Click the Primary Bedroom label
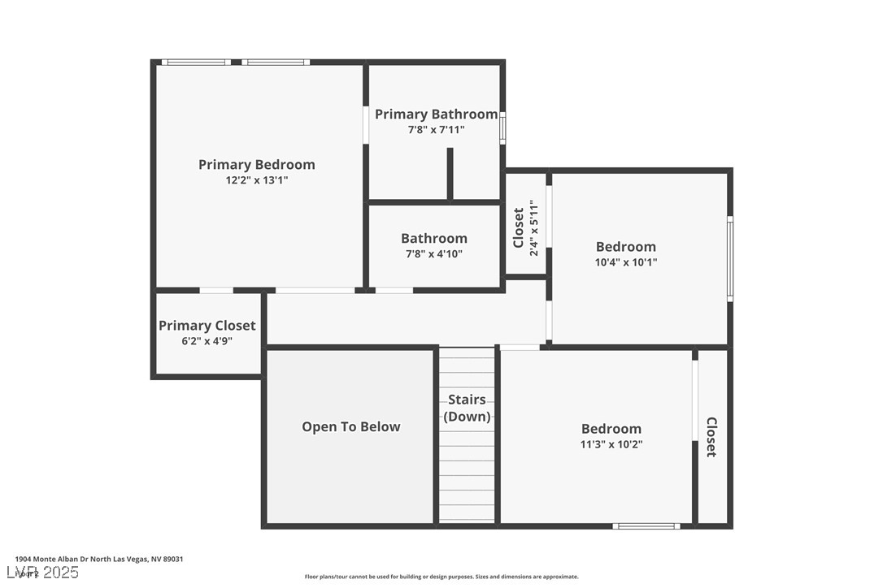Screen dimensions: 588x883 pos(256,165)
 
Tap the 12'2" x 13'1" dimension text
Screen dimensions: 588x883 pos(256,181)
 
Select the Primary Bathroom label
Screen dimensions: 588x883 pos(436,115)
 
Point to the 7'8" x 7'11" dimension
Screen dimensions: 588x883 pos(436,130)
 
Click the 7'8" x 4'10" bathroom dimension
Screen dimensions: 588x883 pos(434,254)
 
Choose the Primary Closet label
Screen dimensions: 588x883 pos(207,326)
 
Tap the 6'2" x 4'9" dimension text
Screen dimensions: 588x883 pos(207,341)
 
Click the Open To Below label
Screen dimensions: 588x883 pos(351,427)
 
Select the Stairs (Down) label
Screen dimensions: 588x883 pos(467,408)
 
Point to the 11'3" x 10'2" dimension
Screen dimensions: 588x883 pos(611,444)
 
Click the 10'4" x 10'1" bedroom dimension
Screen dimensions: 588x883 pos(625,262)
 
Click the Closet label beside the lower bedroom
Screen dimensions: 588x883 pos(711,437)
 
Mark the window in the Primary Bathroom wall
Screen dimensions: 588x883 pos(502,128)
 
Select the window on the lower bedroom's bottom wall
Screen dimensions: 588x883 pos(646,526)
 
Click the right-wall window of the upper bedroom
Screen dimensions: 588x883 pos(730,258)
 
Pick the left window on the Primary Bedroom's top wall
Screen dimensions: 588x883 pos(194,62)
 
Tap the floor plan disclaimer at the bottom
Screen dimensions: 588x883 pos(441,577)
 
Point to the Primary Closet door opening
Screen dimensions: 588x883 pos(216,290)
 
